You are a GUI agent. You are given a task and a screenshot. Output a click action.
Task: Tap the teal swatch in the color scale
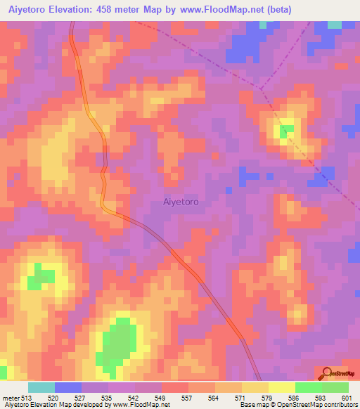coord(41,387)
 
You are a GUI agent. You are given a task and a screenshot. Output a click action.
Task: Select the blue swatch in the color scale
coord(67,387)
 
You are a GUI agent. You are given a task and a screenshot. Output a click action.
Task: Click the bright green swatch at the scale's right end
coord(335,387)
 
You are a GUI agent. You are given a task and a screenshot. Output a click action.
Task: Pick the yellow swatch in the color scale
coord(281,387)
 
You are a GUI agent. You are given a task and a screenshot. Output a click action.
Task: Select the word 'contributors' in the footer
coord(337,405)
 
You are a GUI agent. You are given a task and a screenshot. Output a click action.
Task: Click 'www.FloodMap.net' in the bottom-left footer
coord(145,405)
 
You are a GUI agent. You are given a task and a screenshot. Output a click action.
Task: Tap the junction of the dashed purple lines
coord(261,89)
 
